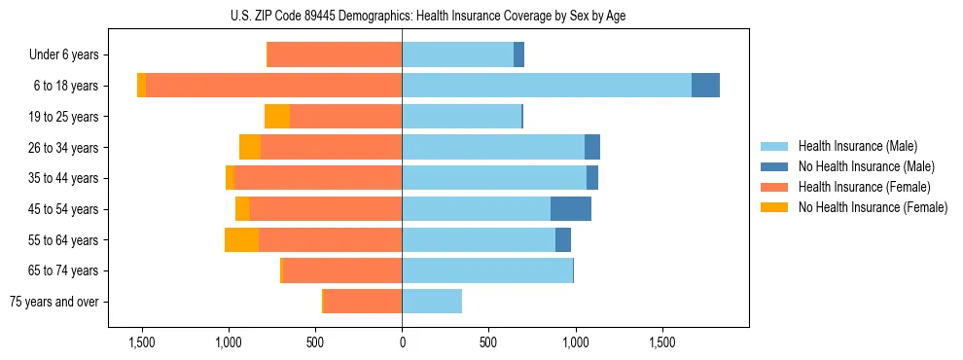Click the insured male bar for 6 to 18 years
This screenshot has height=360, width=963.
[x=546, y=86]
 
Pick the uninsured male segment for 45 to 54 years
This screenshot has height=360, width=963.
[x=571, y=209]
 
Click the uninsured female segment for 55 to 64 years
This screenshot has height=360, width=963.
[x=241, y=239]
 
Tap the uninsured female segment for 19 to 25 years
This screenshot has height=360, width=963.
[x=277, y=117]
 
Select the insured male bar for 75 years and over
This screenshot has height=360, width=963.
[x=432, y=302]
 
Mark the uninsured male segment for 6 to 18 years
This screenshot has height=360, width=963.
[x=705, y=86]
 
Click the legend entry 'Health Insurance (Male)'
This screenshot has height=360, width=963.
[x=857, y=146]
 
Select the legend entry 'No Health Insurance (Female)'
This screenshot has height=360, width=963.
[x=873, y=207]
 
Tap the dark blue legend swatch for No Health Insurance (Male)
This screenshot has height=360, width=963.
[x=774, y=166]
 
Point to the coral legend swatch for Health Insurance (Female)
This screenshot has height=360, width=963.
[x=774, y=187]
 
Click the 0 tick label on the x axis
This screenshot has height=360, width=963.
[x=402, y=342]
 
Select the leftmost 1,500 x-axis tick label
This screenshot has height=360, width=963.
[x=142, y=342]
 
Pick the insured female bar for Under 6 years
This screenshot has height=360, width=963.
[x=335, y=54]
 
